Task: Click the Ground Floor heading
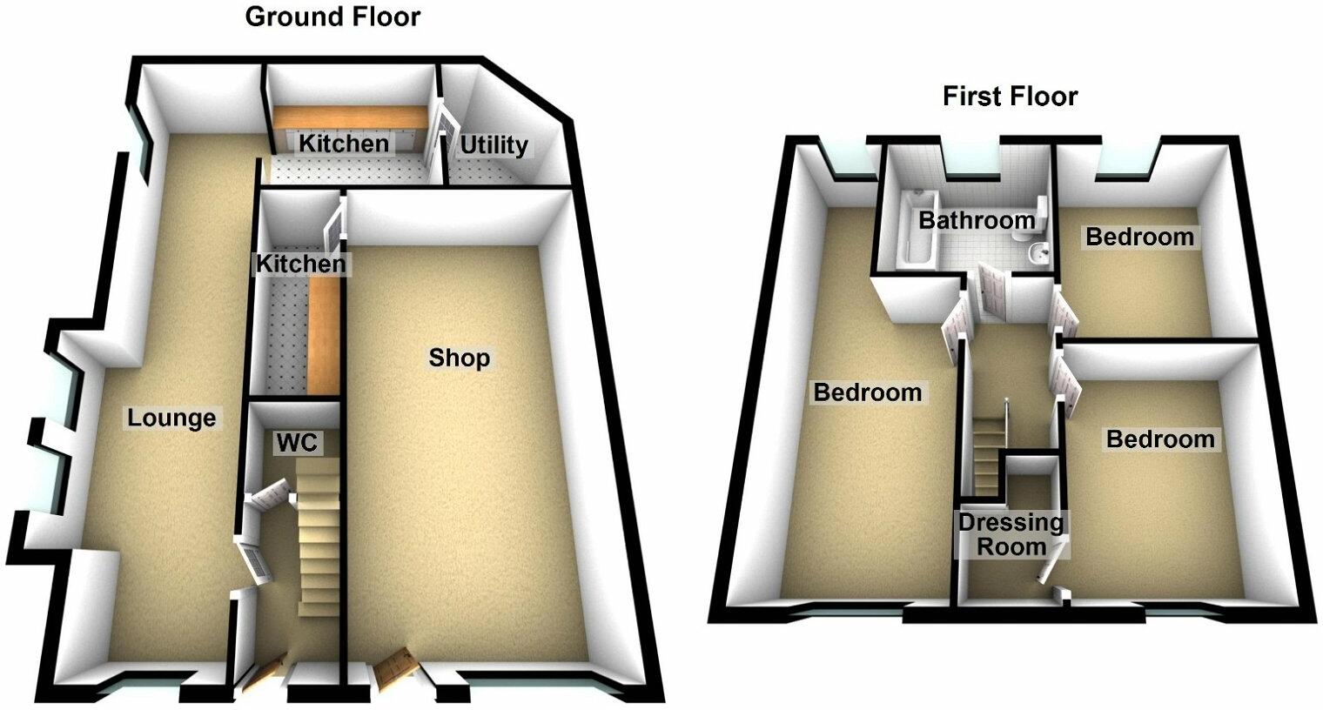[x=332, y=17]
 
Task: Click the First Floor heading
[x=1010, y=96]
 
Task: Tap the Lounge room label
[x=171, y=419]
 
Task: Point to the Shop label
[x=459, y=358]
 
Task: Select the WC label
[x=297, y=443]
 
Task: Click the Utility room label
[x=494, y=144]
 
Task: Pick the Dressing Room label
[x=1011, y=534]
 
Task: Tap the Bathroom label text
[x=977, y=219]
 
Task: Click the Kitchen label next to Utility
[x=344, y=144]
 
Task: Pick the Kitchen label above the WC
[x=299, y=263]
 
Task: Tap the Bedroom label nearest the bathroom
[x=1139, y=237]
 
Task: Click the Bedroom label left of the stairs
[x=867, y=392]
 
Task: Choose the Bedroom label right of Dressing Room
[x=1159, y=439]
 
